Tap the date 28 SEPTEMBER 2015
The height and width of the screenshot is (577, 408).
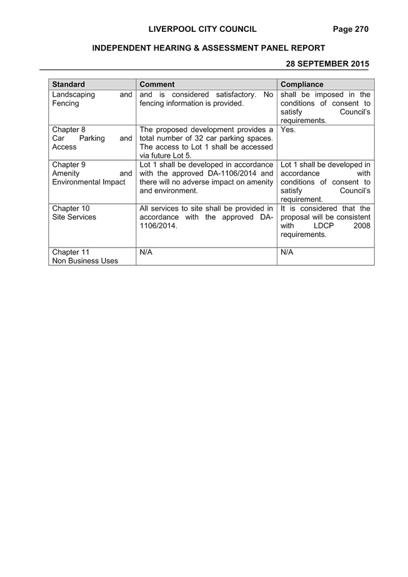327,64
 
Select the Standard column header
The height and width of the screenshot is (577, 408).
69,84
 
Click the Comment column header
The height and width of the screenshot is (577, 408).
157,84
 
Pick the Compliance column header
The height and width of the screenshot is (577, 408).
302,84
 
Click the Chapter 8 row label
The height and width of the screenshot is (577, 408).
69,129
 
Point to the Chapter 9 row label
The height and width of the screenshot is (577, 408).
69,164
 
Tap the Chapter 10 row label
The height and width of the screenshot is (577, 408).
71,208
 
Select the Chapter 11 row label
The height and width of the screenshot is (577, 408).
71,252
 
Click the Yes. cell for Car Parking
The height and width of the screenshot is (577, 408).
288,129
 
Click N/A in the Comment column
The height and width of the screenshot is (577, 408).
146,252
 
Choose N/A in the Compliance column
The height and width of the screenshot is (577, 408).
287,252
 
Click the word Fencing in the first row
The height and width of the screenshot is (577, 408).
66,103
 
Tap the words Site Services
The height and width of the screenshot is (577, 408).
74,217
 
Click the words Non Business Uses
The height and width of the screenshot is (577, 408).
85,261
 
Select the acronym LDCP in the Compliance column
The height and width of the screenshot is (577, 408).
324,226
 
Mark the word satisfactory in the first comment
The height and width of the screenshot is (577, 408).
236,94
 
